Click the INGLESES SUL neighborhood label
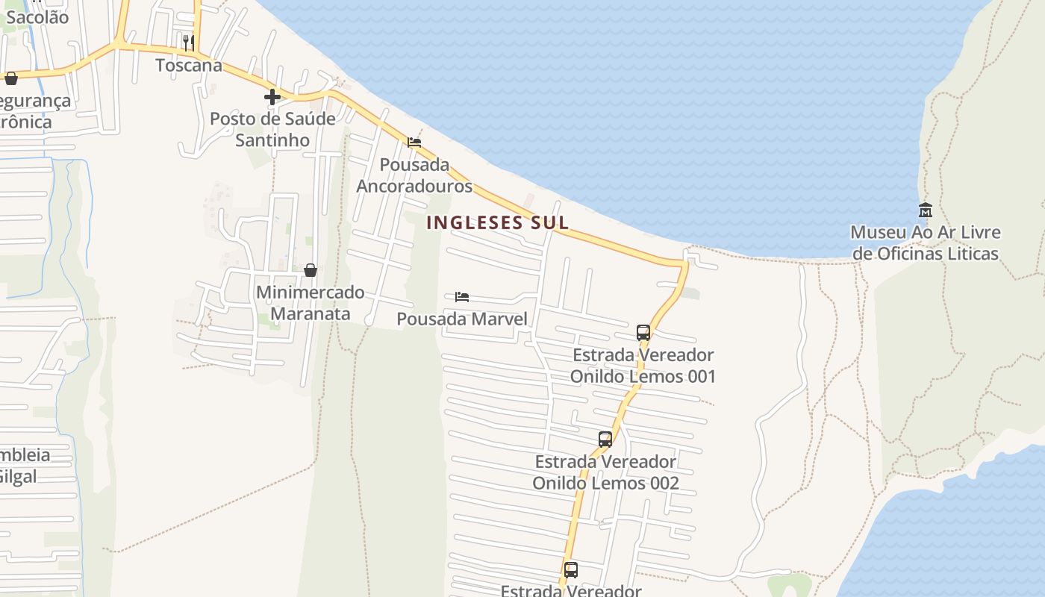497,222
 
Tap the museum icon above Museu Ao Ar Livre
926,210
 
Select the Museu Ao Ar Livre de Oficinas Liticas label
926,243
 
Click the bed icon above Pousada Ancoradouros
414,142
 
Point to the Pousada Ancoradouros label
414,175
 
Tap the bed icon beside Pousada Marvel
462,297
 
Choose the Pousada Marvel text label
462,319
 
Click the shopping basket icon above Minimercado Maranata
311,269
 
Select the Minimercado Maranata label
311,302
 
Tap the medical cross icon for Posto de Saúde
272,96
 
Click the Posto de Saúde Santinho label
272,128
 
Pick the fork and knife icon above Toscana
189,43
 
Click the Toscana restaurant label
189,65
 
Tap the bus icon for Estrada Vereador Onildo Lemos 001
643,333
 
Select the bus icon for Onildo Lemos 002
605,440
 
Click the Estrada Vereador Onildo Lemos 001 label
643,365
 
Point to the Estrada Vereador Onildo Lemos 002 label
605,472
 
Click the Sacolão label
37,16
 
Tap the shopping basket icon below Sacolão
11,78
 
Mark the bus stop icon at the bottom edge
571,570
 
